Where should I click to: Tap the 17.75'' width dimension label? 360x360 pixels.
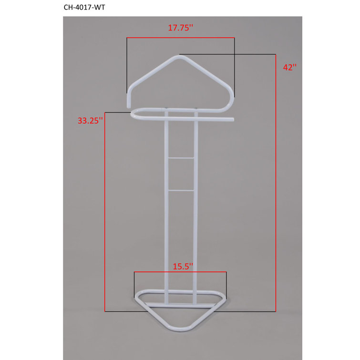pyautogui.click(x=180, y=28)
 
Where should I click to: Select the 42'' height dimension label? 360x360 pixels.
pyautogui.click(x=289, y=67)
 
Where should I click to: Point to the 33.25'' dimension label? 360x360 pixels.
pyautogui.click(x=91, y=121)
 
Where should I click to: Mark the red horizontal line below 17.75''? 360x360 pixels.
pyautogui.click(x=180, y=37)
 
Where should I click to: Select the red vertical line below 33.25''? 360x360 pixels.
pyautogui.click(x=105, y=215)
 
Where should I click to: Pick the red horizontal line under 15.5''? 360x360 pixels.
pyautogui.click(x=180, y=272)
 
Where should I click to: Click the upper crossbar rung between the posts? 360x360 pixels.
pyautogui.click(x=180, y=156)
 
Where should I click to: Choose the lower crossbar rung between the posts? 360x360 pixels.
pyautogui.click(x=180, y=190)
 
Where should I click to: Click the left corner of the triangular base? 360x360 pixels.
pyautogui.click(x=137, y=296)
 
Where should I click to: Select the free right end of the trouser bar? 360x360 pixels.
pyautogui.click(x=233, y=119)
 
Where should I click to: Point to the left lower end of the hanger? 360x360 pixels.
pyautogui.click(x=129, y=102)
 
